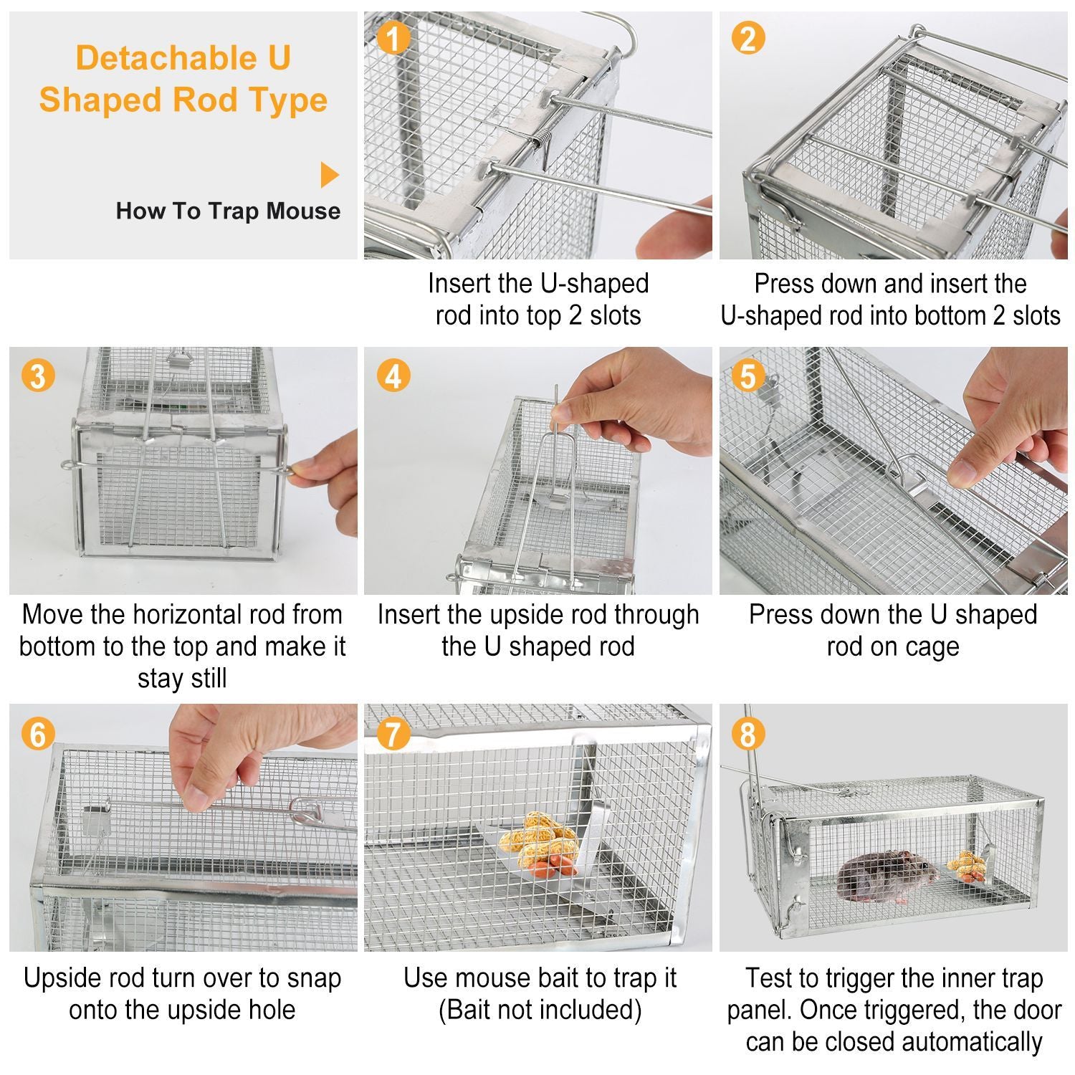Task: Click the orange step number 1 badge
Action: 393,37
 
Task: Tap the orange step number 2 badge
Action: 748,37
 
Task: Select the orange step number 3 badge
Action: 38,376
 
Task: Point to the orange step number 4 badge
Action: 393,376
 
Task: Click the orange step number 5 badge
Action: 748,376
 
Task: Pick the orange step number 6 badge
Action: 38,734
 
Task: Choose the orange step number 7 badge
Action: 393,734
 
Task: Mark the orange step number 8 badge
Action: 748,734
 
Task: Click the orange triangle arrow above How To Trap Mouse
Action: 329,175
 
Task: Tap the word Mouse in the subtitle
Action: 303,211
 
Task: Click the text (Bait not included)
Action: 540,1010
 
